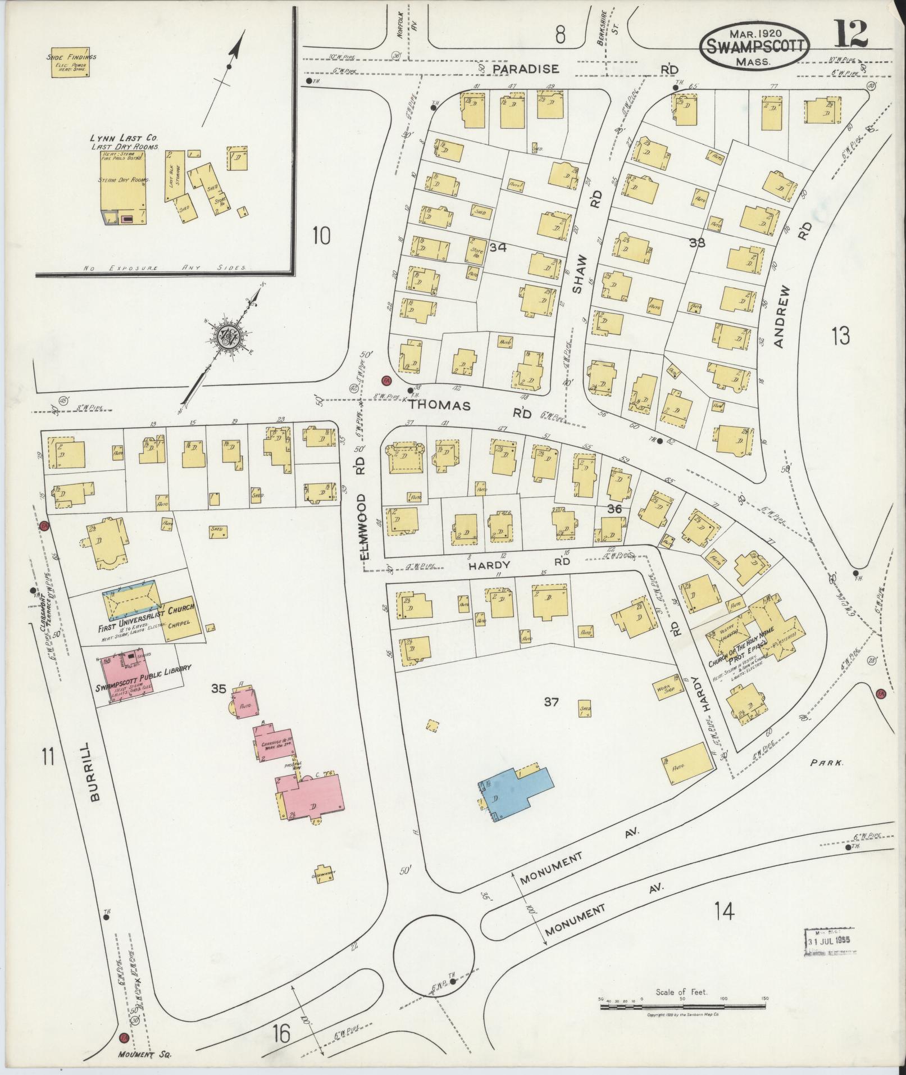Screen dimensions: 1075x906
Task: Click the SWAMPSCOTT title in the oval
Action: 754,46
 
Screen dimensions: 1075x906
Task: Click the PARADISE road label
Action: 526,69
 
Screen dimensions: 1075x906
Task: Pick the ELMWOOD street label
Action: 363,525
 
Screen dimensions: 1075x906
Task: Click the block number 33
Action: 697,243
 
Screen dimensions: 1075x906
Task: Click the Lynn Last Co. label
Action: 124,138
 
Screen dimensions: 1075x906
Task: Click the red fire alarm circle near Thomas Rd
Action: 385,380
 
